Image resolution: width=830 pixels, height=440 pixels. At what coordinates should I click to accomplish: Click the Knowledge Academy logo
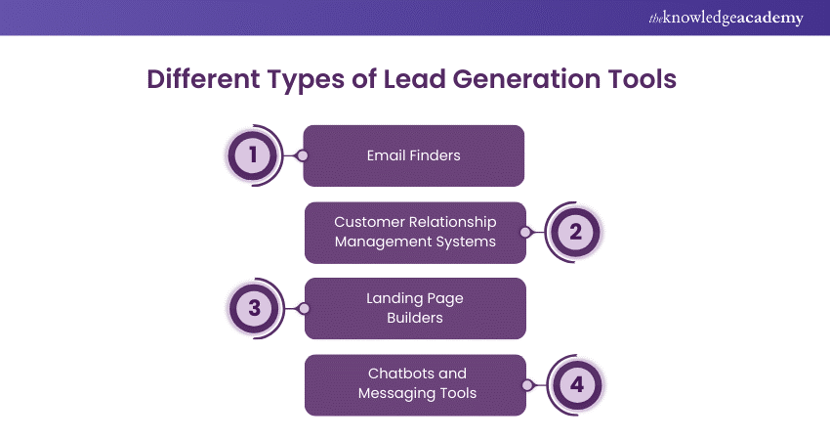726,18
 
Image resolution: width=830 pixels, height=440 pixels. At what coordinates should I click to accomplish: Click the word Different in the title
203,79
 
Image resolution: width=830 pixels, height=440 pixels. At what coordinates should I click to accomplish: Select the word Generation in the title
526,79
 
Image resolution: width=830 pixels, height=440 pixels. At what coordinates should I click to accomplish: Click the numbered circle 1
253,155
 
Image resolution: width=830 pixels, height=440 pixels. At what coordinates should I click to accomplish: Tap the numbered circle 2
575,232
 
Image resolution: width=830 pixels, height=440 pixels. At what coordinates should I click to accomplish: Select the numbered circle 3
255,308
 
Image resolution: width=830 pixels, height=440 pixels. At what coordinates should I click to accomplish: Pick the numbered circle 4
577,385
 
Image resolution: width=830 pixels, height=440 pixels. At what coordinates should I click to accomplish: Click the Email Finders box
413,155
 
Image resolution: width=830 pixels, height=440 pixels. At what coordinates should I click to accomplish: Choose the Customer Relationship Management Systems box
416,232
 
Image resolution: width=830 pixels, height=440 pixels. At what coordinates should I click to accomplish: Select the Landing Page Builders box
416,309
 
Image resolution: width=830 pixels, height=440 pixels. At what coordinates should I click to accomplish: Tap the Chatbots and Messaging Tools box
416,385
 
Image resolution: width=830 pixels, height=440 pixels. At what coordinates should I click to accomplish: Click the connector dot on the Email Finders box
303,155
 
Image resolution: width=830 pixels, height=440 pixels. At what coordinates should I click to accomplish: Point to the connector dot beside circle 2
525,232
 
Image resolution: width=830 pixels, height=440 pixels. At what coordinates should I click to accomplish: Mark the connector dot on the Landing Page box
304,309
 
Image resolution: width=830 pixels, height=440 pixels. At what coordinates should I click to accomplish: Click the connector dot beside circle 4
527,385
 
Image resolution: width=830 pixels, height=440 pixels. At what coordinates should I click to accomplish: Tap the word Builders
415,318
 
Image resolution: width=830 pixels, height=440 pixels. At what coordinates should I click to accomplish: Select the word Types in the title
307,79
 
